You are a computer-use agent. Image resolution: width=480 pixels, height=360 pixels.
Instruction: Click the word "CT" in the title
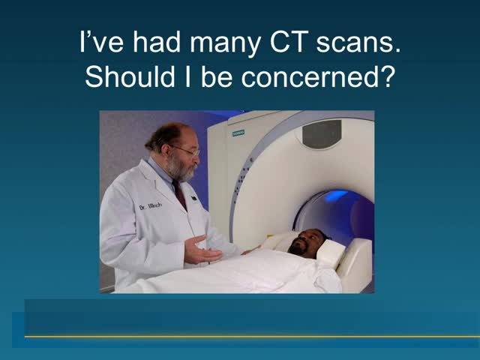pyautogui.click(x=287, y=42)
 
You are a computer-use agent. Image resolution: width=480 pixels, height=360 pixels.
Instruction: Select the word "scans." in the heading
pyautogui.click(x=358, y=43)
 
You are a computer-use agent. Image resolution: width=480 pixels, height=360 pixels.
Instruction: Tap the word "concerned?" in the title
pyautogui.click(x=316, y=76)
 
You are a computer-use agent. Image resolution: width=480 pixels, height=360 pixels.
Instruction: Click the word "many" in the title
pyautogui.click(x=226, y=45)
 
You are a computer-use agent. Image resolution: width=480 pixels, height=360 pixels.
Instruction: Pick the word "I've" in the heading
pyautogui.click(x=101, y=42)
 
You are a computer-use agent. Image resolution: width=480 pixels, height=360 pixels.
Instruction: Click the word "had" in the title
pyautogui.click(x=157, y=42)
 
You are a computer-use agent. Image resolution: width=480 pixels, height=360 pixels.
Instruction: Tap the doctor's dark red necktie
pyautogui.click(x=180, y=193)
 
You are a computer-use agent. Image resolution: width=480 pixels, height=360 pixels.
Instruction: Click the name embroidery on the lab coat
pyautogui.click(x=151, y=206)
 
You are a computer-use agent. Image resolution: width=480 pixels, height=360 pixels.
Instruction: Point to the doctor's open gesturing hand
pyautogui.click(x=202, y=250)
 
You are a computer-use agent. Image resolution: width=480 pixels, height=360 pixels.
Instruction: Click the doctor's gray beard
pyautogui.click(x=180, y=168)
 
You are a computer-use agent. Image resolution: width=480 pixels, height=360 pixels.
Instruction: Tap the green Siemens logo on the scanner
pyautogui.click(x=238, y=133)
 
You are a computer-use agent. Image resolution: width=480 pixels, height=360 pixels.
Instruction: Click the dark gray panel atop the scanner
pyautogui.click(x=322, y=133)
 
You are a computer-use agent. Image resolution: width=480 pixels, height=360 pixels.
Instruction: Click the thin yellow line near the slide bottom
pyautogui.click(x=252, y=337)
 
